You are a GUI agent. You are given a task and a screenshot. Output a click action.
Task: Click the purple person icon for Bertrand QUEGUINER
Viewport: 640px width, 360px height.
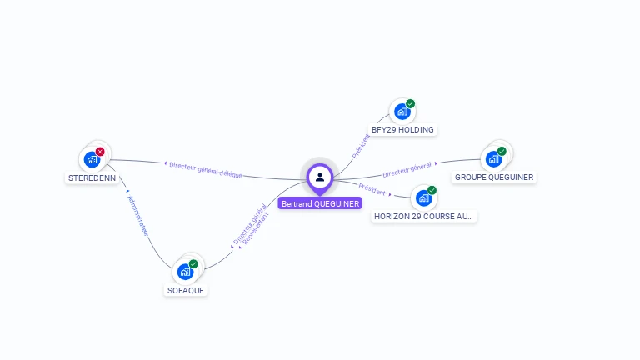pos(320,177)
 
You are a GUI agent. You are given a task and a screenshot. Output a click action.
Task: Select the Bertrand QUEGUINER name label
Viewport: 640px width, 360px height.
pos(320,203)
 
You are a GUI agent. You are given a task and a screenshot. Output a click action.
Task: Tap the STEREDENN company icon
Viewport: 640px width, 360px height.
pos(92,159)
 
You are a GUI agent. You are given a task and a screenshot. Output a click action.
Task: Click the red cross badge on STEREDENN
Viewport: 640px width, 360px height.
pos(100,152)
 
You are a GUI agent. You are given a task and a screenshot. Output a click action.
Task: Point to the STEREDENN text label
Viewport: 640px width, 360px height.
pos(92,177)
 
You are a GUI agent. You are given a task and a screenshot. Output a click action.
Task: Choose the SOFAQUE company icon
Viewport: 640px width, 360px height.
pos(185,272)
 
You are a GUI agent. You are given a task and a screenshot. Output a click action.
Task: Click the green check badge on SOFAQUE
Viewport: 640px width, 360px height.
pos(193,264)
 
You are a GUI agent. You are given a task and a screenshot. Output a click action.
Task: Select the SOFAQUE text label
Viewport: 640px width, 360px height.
pos(185,290)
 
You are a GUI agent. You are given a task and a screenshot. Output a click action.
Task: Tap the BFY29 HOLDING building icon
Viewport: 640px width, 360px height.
pos(402,112)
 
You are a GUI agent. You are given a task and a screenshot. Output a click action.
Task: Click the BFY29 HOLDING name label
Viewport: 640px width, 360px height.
pos(403,130)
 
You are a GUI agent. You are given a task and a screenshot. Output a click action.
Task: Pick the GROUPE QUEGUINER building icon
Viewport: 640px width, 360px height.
pos(493,158)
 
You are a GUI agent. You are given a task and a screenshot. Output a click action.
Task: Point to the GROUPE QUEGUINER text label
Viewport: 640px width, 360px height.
pos(494,177)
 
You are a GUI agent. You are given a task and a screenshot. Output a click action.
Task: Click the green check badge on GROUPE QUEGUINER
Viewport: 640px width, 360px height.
pos(502,151)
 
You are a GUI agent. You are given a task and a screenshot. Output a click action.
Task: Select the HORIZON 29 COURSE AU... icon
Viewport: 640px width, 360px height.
pos(424,197)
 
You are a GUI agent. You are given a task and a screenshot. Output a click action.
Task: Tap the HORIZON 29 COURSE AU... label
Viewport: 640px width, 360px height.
pos(424,216)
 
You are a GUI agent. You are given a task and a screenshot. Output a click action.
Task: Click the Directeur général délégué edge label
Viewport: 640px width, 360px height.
pos(205,169)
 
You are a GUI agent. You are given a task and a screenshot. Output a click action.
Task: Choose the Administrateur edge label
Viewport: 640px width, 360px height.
pos(137,215)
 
